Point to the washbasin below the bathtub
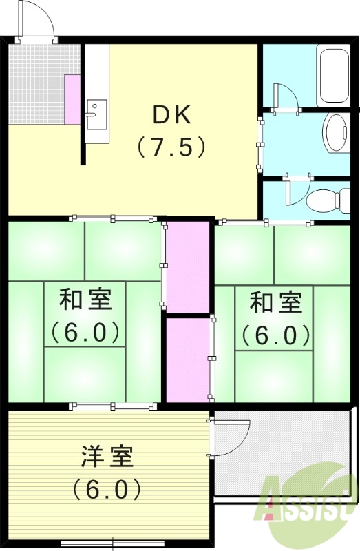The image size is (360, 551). pos(337,133)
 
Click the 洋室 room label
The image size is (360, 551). pos(107,456)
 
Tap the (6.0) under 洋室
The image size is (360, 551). pos(107,489)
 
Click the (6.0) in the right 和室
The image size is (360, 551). pos(275,335)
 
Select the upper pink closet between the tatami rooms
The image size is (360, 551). pos(187,265)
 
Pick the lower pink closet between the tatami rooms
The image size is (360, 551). pos(187,358)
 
